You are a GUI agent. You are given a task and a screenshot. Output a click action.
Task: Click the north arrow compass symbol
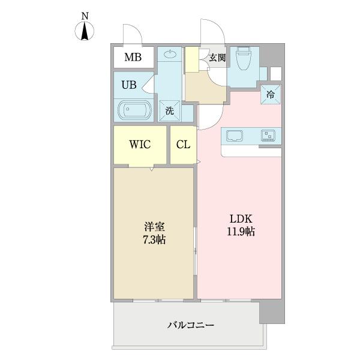[85, 31]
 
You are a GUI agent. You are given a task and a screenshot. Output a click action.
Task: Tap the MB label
[133, 58]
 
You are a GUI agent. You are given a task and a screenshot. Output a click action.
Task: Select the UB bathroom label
[129, 85]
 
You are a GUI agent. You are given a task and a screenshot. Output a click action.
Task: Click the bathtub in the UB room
[134, 111]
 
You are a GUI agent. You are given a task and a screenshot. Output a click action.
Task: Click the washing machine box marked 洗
[170, 111]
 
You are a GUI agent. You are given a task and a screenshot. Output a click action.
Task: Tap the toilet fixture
[244, 60]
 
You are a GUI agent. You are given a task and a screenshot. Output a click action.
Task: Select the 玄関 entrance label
[217, 58]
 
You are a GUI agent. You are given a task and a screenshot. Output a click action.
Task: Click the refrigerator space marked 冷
[270, 94]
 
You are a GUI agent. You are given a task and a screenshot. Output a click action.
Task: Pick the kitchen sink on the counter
[234, 136]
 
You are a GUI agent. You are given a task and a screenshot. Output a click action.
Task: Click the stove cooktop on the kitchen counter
[267, 136]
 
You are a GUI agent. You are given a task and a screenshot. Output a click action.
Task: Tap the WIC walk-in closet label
[139, 145]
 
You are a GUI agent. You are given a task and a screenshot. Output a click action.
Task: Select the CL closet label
[183, 145]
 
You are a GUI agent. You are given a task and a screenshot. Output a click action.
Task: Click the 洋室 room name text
[154, 227]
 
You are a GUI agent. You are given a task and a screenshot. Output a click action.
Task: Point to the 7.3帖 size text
[154, 239]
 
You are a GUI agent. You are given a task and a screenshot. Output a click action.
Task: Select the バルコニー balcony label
[191, 325]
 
